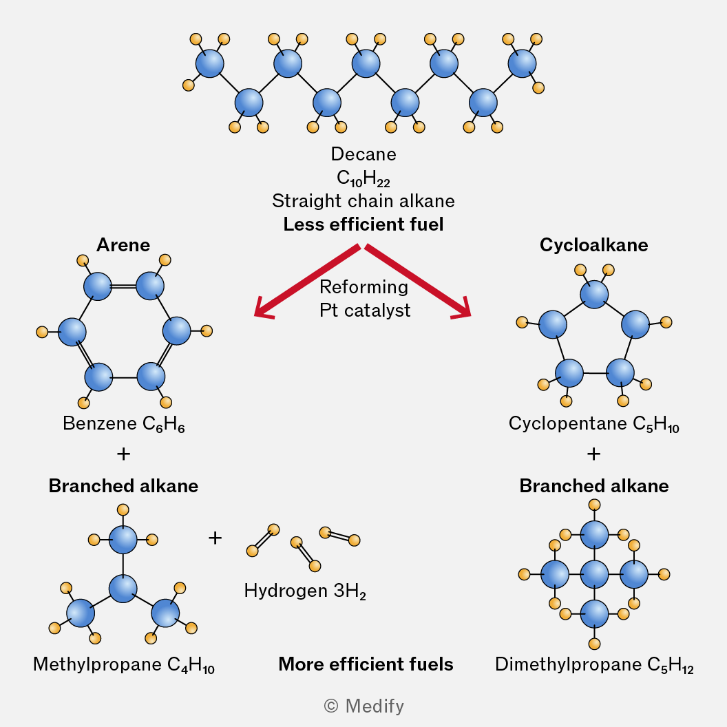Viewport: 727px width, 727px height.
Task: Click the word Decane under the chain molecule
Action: (x=363, y=154)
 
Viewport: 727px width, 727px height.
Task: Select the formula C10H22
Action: (x=363, y=178)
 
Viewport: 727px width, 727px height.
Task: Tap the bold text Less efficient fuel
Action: (x=363, y=224)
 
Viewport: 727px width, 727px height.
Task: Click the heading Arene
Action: (x=123, y=245)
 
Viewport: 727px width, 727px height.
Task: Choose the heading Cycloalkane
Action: (x=593, y=245)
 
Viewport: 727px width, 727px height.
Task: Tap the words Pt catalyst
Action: (x=365, y=310)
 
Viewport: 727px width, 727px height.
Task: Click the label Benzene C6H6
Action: (x=124, y=424)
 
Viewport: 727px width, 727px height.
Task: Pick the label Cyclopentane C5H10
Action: (x=593, y=423)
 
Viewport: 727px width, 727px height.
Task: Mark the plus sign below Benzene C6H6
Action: (x=124, y=454)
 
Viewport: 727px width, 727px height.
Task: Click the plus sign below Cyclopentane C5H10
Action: (x=593, y=454)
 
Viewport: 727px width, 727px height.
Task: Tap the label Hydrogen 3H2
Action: (x=305, y=591)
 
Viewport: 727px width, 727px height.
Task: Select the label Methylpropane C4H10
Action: (x=124, y=665)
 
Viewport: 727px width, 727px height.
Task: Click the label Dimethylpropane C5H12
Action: (x=593, y=665)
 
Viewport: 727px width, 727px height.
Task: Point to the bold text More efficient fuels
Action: (x=366, y=664)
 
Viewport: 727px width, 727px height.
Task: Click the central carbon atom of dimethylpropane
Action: (x=595, y=573)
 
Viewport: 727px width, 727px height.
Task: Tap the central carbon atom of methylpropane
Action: (x=124, y=589)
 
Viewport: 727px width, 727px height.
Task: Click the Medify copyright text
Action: (x=363, y=706)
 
